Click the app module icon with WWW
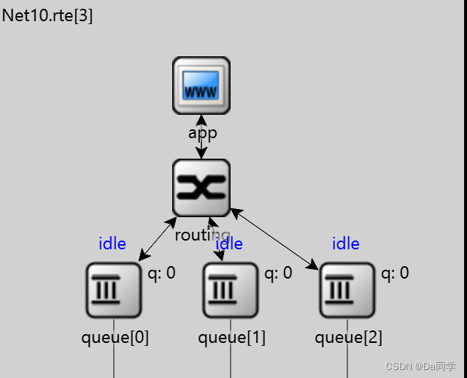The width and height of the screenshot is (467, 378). (201, 86)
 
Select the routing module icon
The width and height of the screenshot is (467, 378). (201, 188)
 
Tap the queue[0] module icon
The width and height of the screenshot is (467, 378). (114, 290)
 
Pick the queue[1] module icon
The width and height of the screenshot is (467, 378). (231, 290)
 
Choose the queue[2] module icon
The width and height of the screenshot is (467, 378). (347, 290)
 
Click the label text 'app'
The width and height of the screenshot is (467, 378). (203, 133)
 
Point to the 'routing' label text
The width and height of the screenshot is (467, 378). (202, 235)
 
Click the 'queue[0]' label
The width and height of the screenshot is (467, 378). (115, 338)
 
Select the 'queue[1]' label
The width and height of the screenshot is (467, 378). (231, 338)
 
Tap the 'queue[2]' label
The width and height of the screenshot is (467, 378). (348, 338)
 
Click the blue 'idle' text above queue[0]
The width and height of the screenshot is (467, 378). (112, 243)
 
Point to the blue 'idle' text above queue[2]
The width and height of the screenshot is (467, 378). (346, 243)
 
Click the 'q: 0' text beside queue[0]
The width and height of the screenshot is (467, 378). (161, 273)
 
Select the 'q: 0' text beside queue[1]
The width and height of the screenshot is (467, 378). (278, 273)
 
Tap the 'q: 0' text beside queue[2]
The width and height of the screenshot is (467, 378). (395, 273)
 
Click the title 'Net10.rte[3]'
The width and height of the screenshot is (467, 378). (47, 16)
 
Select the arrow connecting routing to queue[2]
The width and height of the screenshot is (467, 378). (274, 239)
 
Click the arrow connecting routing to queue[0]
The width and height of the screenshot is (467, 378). (158, 238)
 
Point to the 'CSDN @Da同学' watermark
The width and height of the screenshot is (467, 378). (420, 366)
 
